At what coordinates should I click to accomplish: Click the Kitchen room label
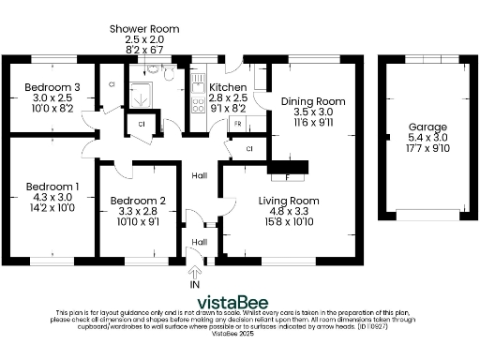click(228, 87)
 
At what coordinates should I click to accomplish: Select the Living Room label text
click(289, 201)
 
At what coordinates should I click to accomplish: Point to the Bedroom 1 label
click(52, 187)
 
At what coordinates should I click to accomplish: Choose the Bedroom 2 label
click(138, 201)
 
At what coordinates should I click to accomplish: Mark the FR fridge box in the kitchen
click(237, 123)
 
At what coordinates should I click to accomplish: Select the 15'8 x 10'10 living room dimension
click(289, 221)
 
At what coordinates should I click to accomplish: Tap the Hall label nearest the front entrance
click(199, 242)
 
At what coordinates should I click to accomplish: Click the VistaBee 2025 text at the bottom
click(232, 333)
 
